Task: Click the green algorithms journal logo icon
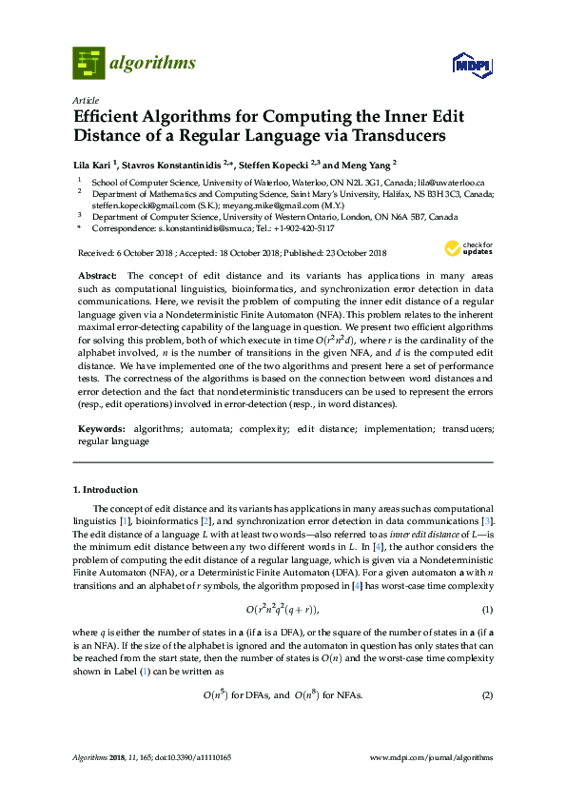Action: pos(88,63)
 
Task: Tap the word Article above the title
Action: pos(85,99)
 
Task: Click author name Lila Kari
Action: pos(95,163)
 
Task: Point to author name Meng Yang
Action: pos(366,163)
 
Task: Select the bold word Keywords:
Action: pos(101,429)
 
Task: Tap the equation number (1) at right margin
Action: pos(487,609)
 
